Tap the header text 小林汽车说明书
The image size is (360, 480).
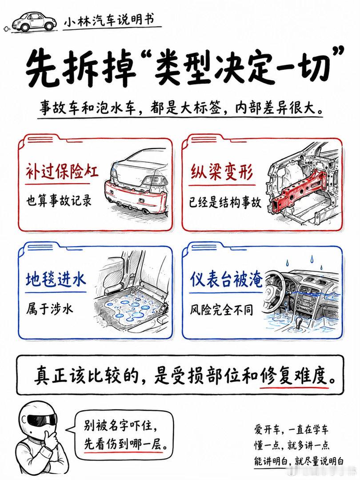109,20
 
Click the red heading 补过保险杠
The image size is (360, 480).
62,172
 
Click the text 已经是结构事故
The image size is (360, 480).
225,202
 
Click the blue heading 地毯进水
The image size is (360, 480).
56,280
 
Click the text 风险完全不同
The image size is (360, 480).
221,310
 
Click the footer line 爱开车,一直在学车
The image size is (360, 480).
291,429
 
